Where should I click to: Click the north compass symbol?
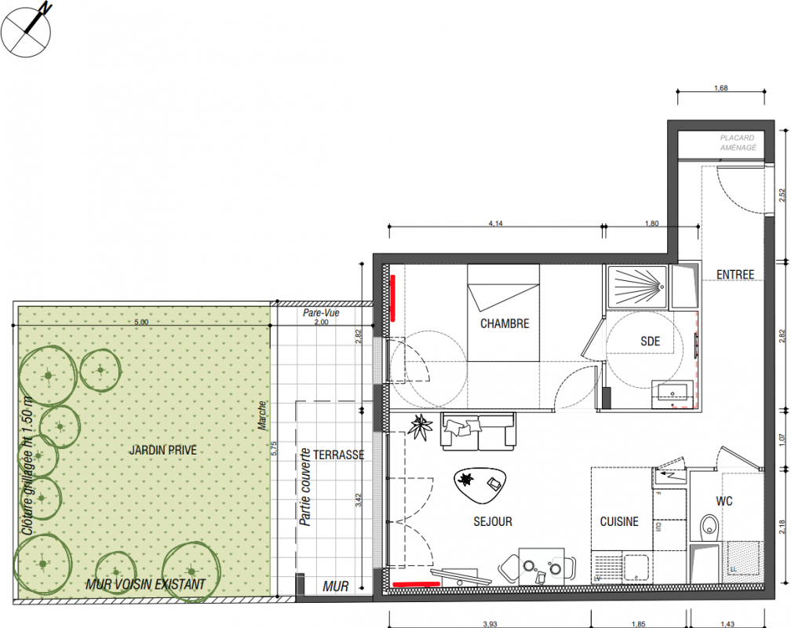click(26, 31)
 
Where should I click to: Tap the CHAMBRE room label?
click(505, 323)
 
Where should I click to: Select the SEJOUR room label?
click(493, 521)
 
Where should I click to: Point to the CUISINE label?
click(619, 521)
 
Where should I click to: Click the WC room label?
click(724, 502)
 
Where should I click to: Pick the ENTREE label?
click(735, 275)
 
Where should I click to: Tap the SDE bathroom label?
click(651, 341)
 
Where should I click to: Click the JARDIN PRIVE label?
click(163, 450)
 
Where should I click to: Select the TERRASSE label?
click(339, 455)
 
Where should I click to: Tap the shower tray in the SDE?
click(638, 287)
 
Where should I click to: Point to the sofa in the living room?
click(478, 431)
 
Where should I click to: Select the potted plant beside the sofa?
click(421, 427)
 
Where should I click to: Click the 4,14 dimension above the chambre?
click(496, 223)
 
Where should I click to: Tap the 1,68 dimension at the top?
click(721, 88)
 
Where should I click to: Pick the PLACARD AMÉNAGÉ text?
click(738, 142)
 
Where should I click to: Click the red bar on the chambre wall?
click(393, 298)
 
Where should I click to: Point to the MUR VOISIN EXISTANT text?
click(145, 585)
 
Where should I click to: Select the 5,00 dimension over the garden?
click(141, 322)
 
